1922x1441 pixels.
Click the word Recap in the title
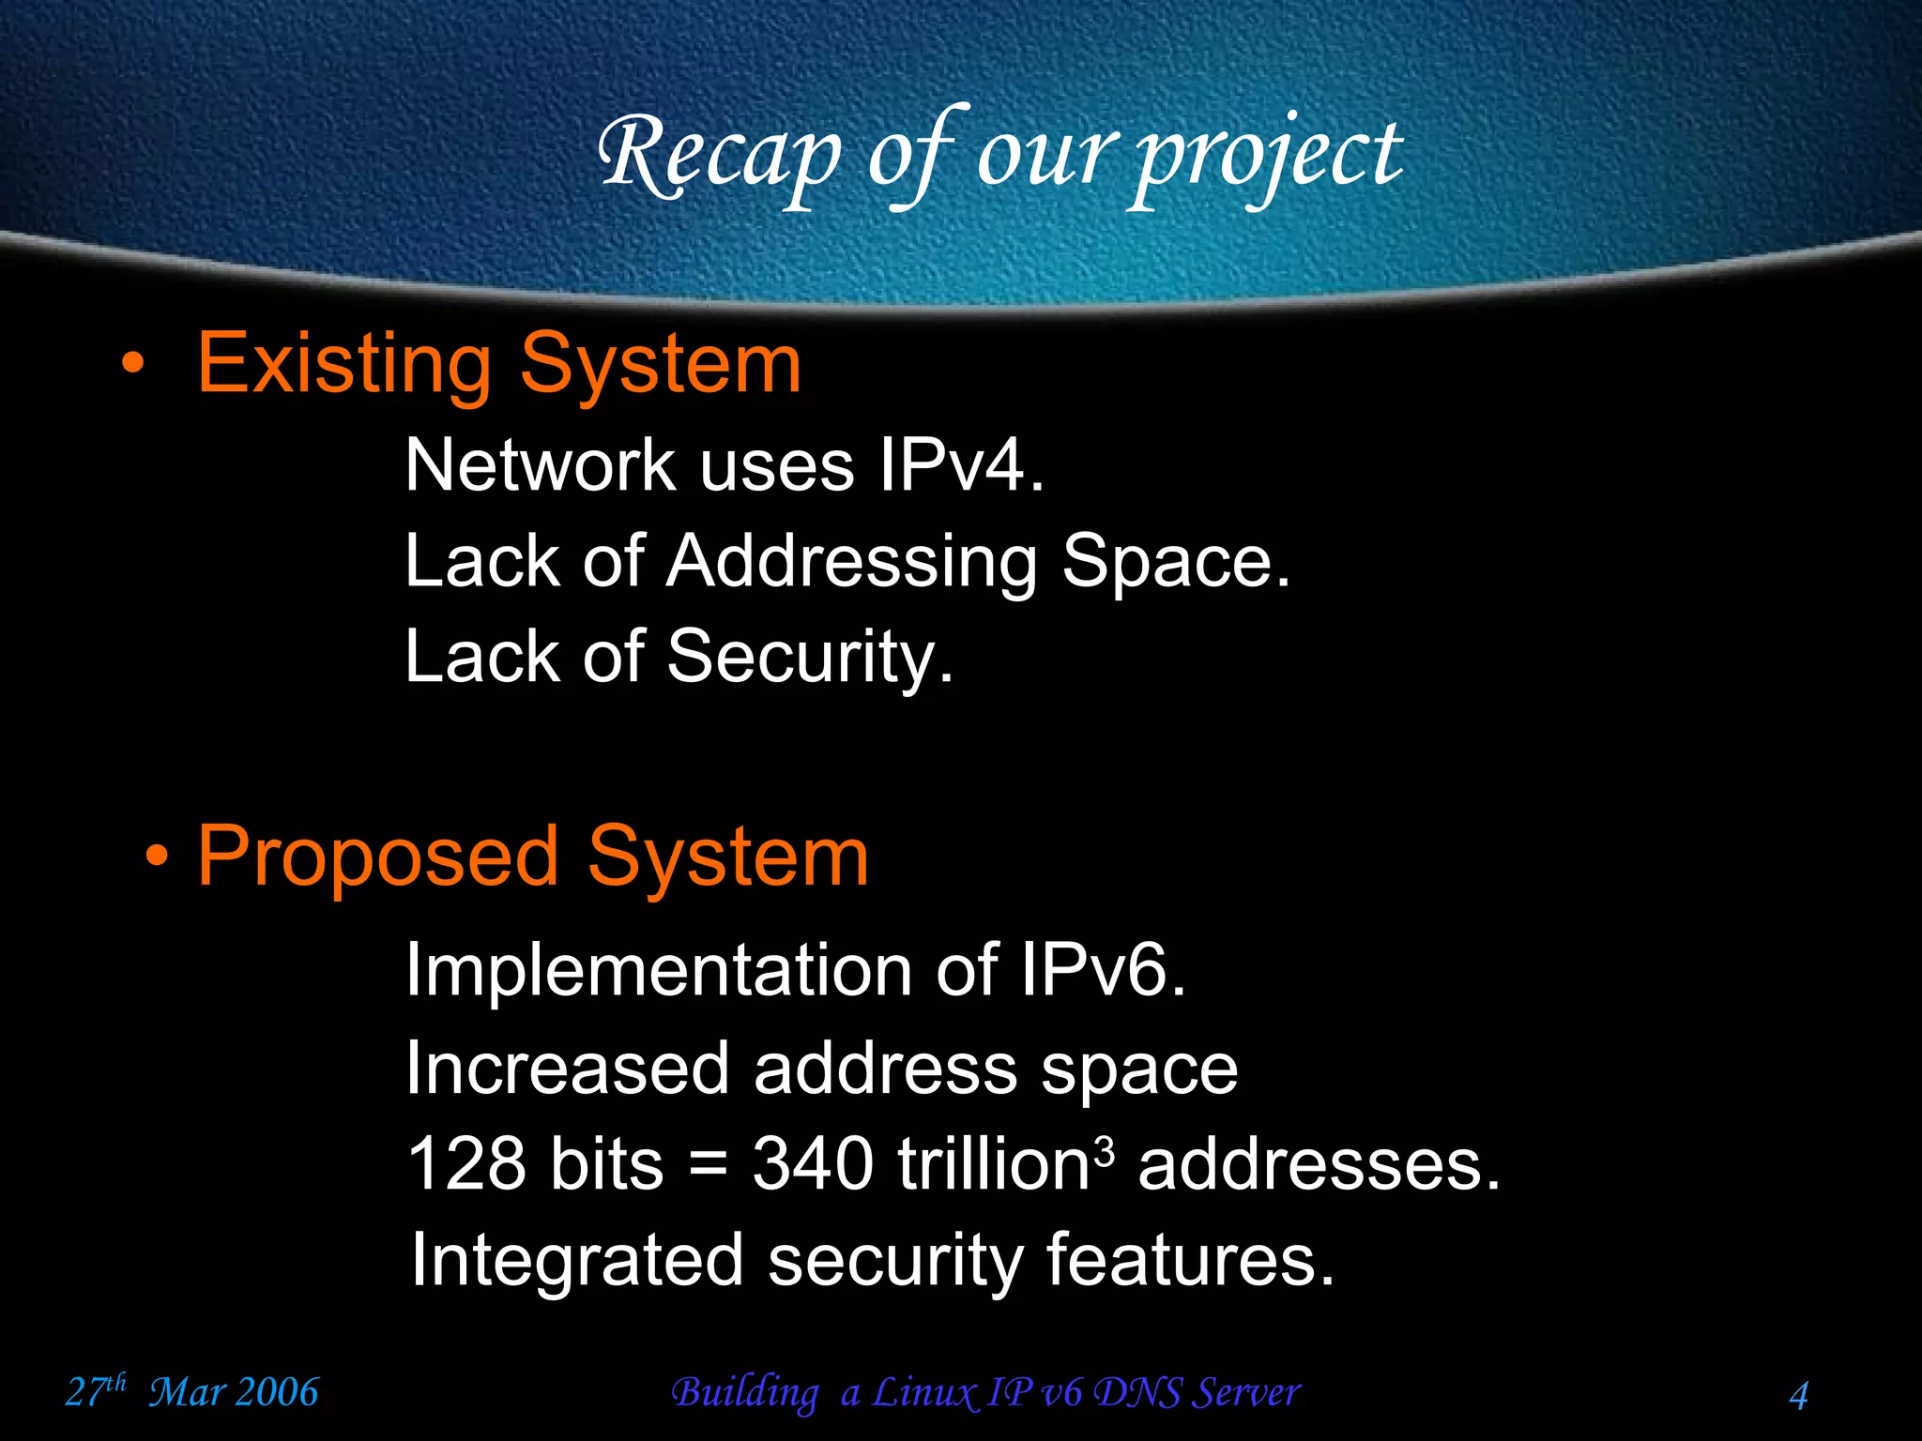[720, 155]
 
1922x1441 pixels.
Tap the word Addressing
[851, 563]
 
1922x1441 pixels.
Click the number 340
[813, 1163]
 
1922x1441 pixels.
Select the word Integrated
[577, 1260]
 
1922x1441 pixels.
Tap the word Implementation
[657, 971]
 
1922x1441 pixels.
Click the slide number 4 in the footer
[1798, 1395]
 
